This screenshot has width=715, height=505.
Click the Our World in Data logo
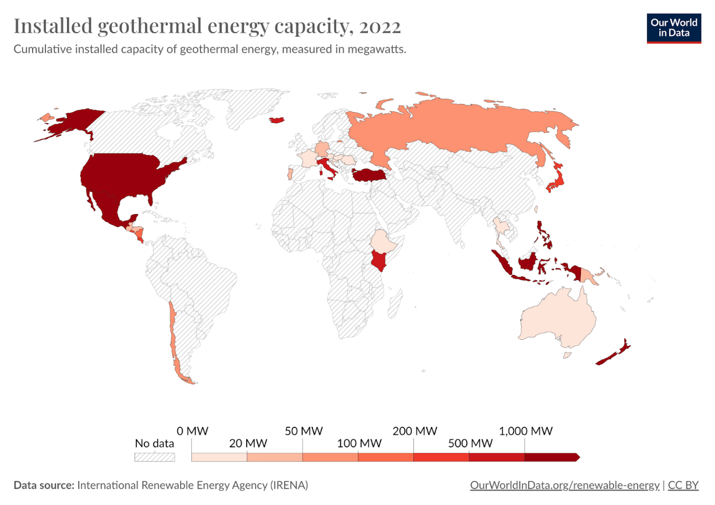(x=674, y=28)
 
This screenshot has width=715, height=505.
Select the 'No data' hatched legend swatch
(x=155, y=457)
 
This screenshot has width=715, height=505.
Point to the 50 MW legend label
(x=304, y=431)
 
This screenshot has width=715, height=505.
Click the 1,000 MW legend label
(x=526, y=431)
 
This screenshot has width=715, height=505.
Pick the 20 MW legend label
(x=248, y=443)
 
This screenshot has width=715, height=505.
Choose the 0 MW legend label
(x=192, y=431)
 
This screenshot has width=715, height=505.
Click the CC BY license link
(x=683, y=485)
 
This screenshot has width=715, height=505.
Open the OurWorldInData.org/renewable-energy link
(x=564, y=485)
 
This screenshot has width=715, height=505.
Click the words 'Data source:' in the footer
(x=44, y=485)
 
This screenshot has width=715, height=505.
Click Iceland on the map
(x=277, y=120)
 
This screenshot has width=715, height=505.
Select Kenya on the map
(x=379, y=260)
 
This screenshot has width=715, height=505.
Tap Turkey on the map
(x=370, y=175)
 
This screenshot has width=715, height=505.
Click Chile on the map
(x=173, y=335)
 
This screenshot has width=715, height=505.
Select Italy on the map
(x=328, y=168)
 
